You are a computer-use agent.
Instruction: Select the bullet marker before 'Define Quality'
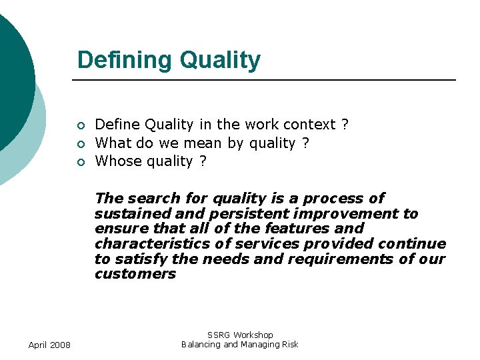(80, 125)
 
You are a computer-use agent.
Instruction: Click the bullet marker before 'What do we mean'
(80, 143)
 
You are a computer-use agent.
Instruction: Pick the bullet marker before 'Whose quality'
(80, 162)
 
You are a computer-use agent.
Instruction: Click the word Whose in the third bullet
(116, 161)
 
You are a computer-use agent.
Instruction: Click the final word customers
(135, 275)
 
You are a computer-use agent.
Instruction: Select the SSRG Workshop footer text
(240, 335)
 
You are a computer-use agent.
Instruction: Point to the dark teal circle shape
(12, 73)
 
